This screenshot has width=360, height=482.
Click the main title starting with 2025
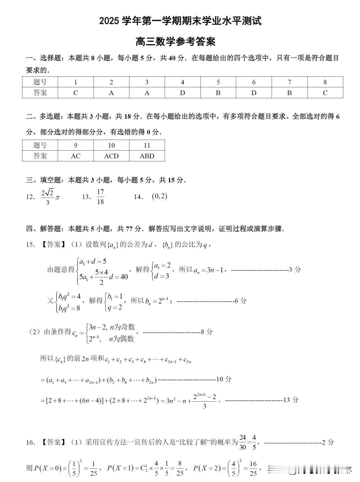[x=180, y=21]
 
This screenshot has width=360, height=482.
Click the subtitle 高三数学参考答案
[x=175, y=42]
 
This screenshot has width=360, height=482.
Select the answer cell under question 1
[x=76, y=93]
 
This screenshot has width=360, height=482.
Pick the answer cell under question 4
[x=183, y=93]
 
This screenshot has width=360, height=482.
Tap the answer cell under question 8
[x=325, y=93]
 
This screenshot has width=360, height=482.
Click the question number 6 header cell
[x=254, y=82]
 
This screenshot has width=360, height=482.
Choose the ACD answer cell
[x=111, y=156]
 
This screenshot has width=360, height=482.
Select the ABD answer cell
[x=147, y=156]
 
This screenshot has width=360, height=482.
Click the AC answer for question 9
[x=76, y=156]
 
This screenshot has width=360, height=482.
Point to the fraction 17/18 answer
[x=100, y=197]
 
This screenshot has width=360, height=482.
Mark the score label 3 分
[x=295, y=270]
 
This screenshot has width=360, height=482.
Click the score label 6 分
[x=241, y=301]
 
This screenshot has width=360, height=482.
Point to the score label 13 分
[x=291, y=400]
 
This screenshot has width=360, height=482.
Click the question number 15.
[x=30, y=245]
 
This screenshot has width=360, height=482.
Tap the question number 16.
[x=30, y=442]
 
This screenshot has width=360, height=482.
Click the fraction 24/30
[x=243, y=442]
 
